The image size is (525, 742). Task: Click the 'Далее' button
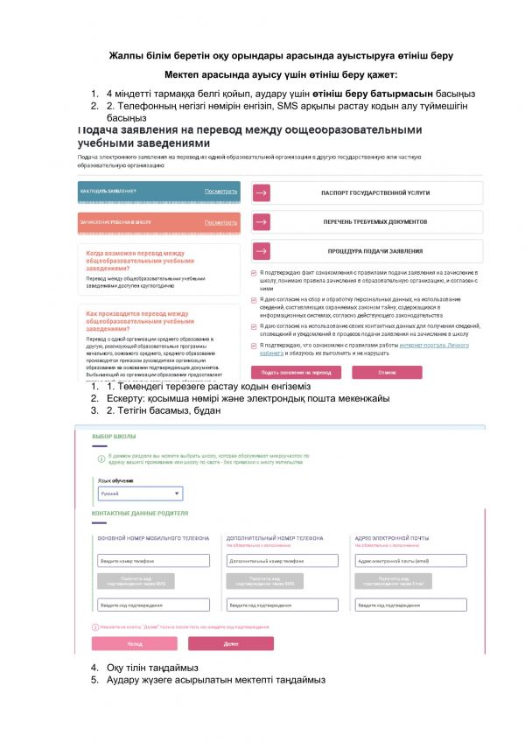(231, 643)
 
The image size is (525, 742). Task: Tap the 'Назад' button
(135, 643)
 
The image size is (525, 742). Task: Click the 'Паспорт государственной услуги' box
(367, 192)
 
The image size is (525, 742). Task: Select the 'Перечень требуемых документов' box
(367, 221)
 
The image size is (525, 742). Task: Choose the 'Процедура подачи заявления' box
(367, 251)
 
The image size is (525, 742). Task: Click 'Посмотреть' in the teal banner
(220, 191)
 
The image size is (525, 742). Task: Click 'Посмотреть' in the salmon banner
(220, 222)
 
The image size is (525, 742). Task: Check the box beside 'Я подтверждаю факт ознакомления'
(254, 272)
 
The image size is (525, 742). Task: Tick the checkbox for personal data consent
(254, 299)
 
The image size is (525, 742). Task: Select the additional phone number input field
(283, 560)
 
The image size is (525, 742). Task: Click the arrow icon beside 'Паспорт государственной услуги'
(262, 192)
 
